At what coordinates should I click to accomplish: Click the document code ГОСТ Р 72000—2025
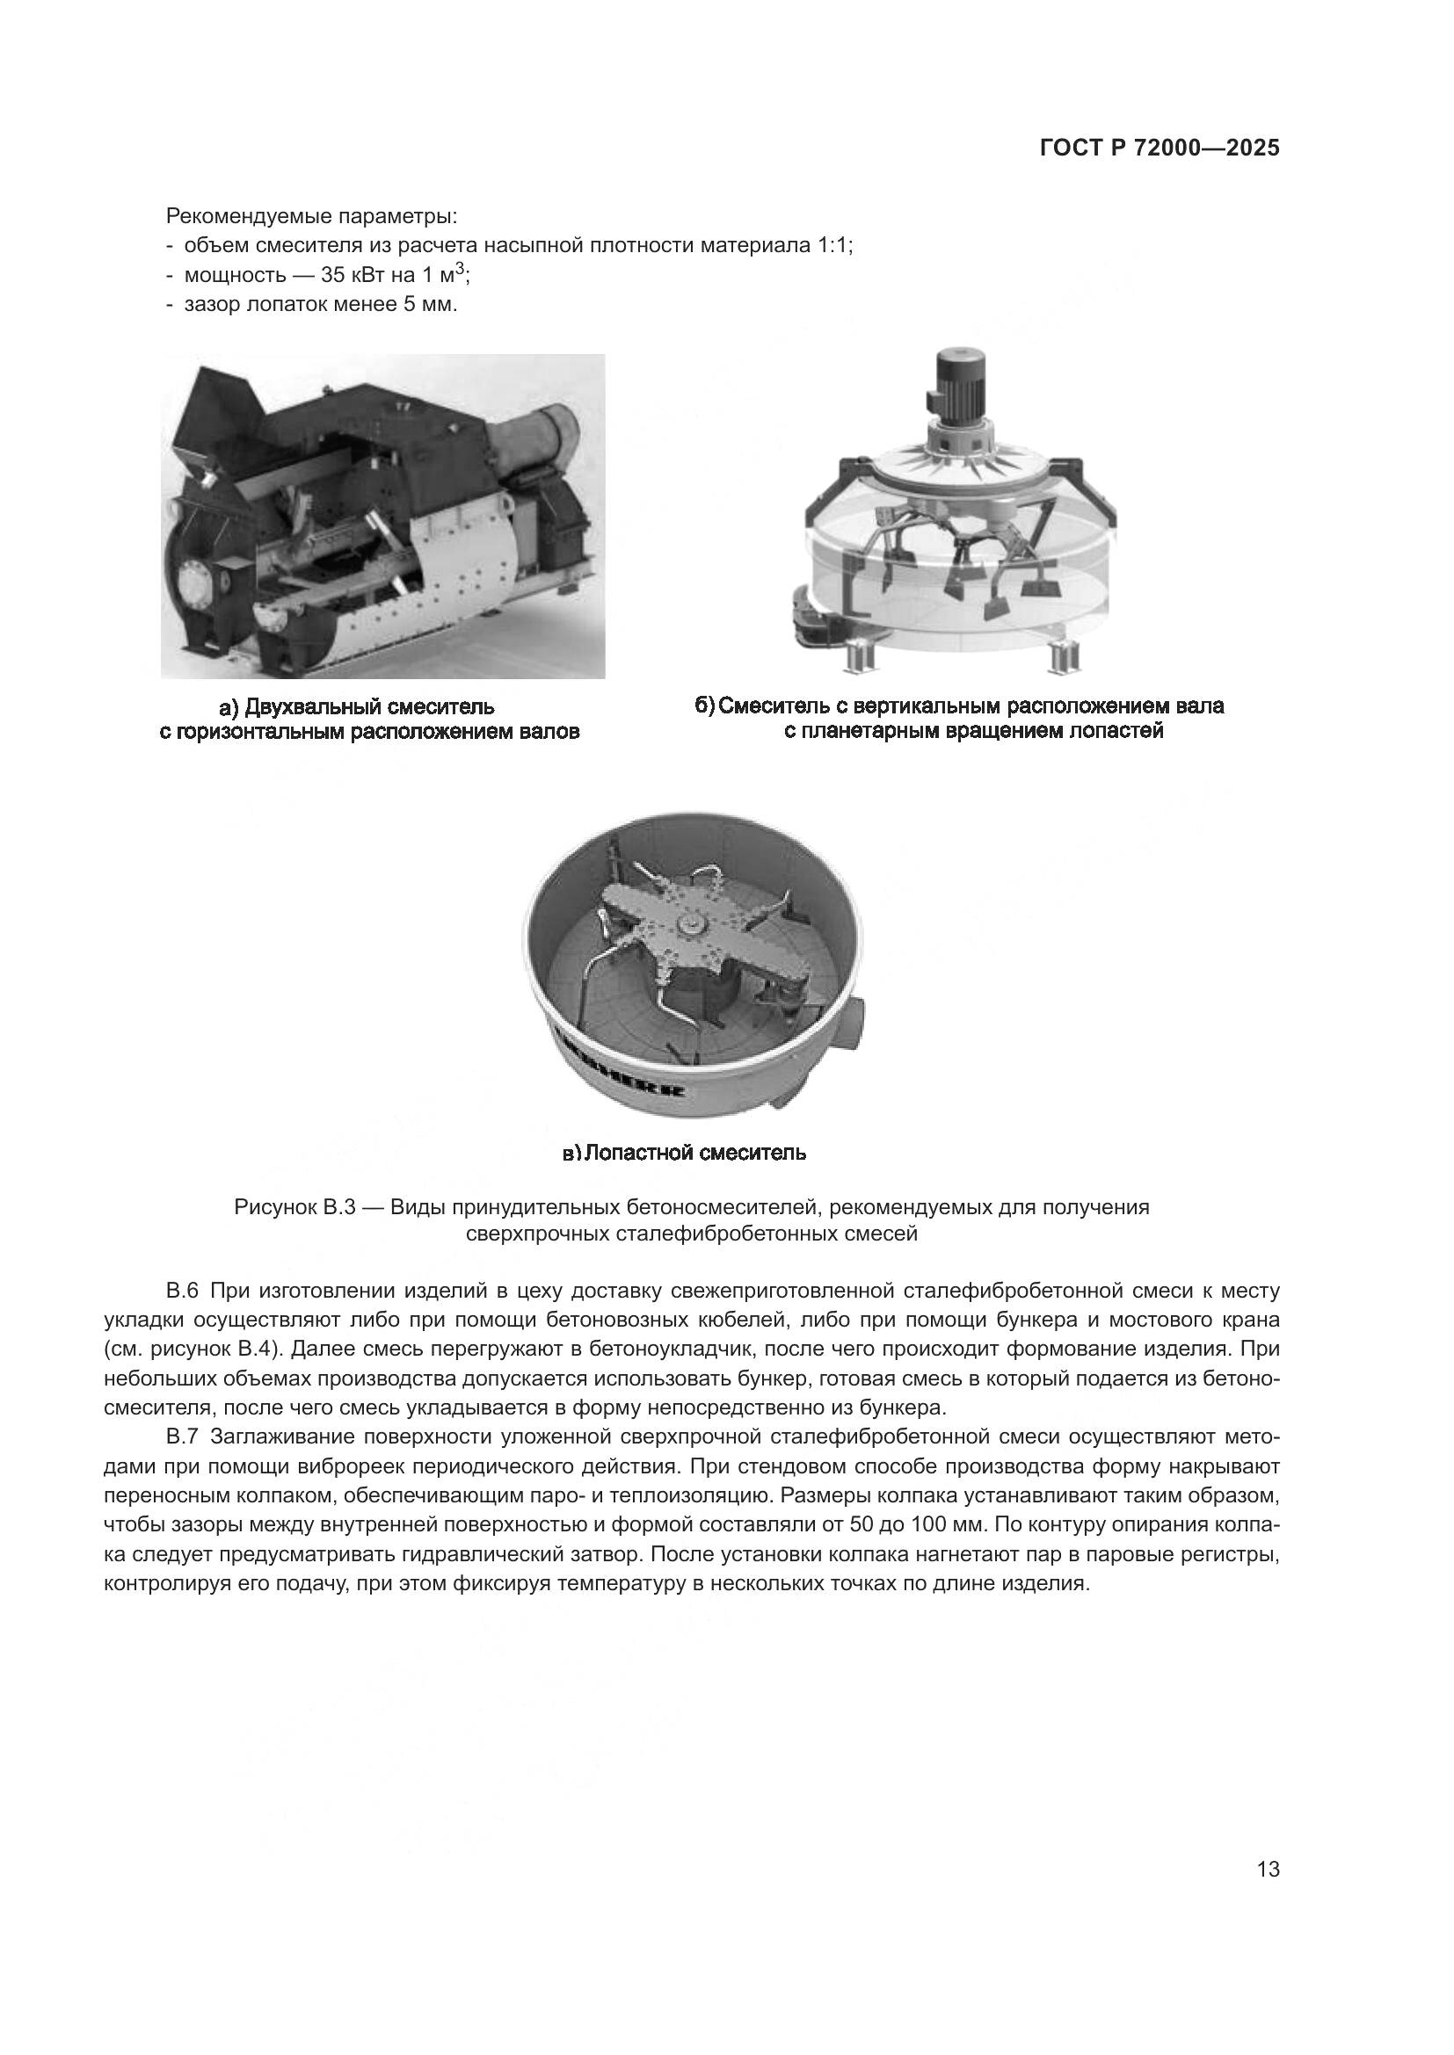[1160, 148]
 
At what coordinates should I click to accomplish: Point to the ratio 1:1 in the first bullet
[832, 245]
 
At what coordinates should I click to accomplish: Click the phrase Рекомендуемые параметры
[311, 216]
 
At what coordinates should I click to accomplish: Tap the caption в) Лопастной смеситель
[684, 1153]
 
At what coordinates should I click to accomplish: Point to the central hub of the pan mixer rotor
[691, 923]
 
